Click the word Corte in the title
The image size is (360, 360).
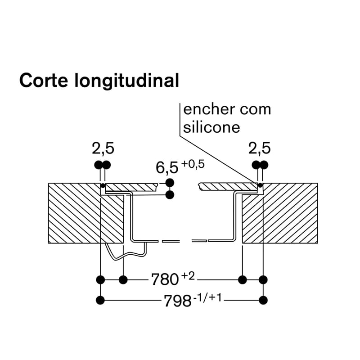pyautogui.click(x=44, y=80)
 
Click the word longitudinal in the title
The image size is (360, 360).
pyautogui.click(x=127, y=81)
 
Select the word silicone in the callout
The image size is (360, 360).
pyautogui.click(x=211, y=127)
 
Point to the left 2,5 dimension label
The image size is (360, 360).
pyautogui.click(x=103, y=148)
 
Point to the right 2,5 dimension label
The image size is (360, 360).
pyautogui.click(x=260, y=148)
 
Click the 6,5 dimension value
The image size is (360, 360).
pyautogui.click(x=167, y=167)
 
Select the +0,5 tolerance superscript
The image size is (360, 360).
pyautogui.click(x=193, y=164)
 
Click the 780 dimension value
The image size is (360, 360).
pyautogui.click(x=165, y=279)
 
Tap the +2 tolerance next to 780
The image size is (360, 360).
pyautogui.click(x=188, y=276)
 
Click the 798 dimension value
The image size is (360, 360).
pyautogui.click(x=178, y=301)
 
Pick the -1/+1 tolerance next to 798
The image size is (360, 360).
pyautogui.click(x=207, y=298)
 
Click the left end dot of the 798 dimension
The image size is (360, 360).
pyautogui.click(x=100, y=300)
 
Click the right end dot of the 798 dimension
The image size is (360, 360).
pyautogui.click(x=263, y=300)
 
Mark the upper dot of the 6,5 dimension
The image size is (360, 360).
pyautogui.click(x=170, y=183)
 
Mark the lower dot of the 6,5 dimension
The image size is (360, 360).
pyautogui.click(x=170, y=195)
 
